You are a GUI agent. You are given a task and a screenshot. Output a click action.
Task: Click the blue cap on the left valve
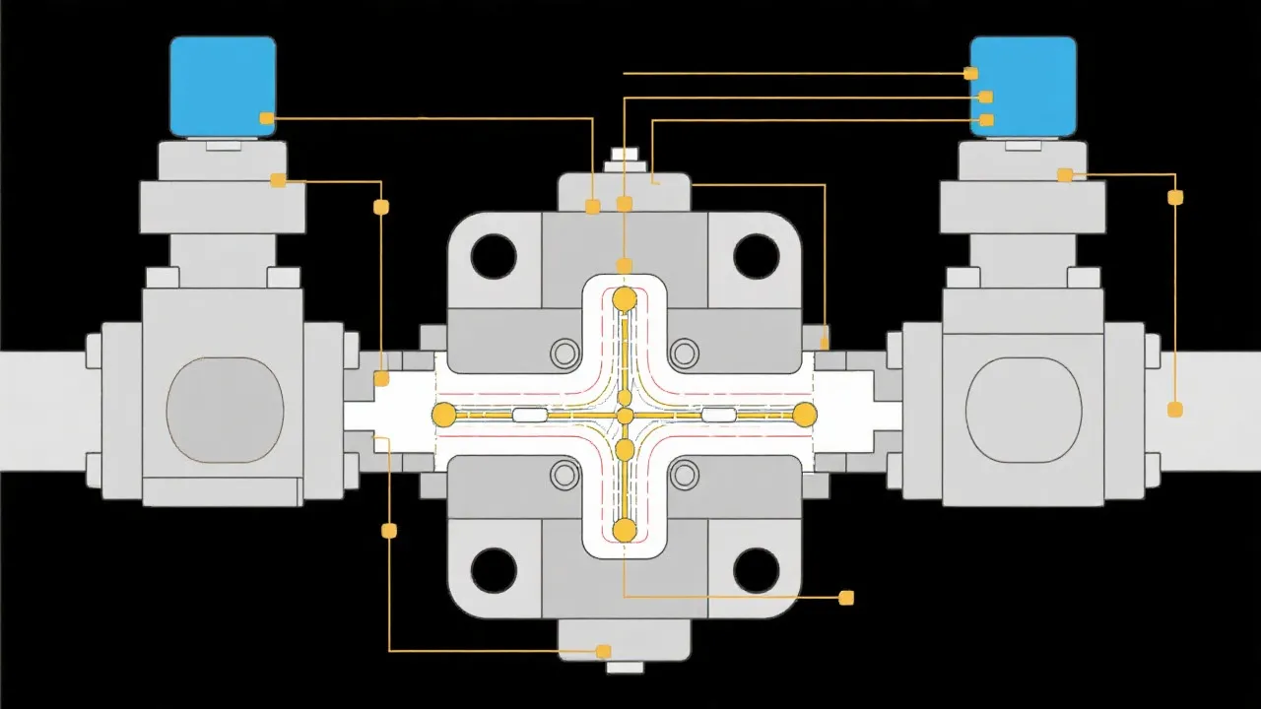click(x=223, y=86)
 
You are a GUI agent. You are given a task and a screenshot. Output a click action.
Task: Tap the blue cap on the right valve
click(x=1025, y=86)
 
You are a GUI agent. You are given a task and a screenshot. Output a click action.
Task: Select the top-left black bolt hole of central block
click(x=494, y=256)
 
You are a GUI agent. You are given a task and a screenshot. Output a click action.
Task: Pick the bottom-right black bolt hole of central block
click(x=757, y=570)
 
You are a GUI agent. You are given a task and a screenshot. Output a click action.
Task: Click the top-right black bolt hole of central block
click(x=757, y=256)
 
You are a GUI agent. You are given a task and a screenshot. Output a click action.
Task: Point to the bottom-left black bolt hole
click(x=494, y=570)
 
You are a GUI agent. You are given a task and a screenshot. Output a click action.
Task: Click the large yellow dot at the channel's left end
click(x=444, y=415)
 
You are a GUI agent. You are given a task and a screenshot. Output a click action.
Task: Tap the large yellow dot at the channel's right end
click(x=805, y=415)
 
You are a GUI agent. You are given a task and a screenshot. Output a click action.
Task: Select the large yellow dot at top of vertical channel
click(x=625, y=299)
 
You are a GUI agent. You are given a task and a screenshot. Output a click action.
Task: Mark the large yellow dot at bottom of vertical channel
click(x=625, y=531)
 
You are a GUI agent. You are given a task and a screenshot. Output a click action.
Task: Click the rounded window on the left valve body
click(x=225, y=410)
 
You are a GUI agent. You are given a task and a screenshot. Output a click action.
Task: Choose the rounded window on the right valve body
click(x=1024, y=410)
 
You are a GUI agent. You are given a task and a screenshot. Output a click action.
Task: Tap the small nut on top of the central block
click(x=625, y=155)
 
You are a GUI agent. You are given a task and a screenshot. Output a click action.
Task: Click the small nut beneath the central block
click(x=625, y=667)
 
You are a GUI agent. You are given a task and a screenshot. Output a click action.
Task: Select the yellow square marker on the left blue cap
click(x=266, y=118)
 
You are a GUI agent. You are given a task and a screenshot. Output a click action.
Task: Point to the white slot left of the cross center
click(x=529, y=416)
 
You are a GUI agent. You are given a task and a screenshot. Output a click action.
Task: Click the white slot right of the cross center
click(x=718, y=416)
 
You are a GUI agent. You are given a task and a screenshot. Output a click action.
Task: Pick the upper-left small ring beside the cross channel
click(x=565, y=353)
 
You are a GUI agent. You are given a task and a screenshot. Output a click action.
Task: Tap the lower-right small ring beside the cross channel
click(x=684, y=476)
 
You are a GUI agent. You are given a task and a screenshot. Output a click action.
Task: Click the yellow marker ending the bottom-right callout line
click(x=845, y=598)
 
